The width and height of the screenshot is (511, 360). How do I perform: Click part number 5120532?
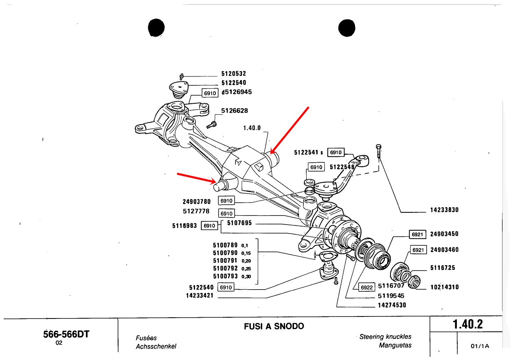[233, 74]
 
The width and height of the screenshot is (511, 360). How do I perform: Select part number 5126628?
[234, 111]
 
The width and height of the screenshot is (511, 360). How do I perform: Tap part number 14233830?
[444, 210]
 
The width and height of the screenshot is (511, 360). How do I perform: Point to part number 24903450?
[444, 234]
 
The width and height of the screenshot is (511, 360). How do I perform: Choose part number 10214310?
[444, 287]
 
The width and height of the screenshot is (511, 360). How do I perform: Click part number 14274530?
[392, 305]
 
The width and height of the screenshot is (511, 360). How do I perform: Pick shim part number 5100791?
[225, 261]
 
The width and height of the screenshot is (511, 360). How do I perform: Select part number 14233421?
[200, 296]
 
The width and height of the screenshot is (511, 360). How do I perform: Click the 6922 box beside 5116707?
[366, 287]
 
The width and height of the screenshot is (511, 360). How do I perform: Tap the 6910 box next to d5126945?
[210, 93]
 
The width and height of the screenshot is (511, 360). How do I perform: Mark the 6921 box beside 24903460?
[418, 250]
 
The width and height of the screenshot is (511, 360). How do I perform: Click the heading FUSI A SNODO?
[274, 326]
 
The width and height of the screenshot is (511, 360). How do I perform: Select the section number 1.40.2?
[467, 325]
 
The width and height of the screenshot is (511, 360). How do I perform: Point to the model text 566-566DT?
[66, 334]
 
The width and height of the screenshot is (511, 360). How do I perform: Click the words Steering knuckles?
[385, 336]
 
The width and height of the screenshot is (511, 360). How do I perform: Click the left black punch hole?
[156, 28]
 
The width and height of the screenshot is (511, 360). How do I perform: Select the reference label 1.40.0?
[252, 128]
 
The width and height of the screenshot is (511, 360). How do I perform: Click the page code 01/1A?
[479, 346]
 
